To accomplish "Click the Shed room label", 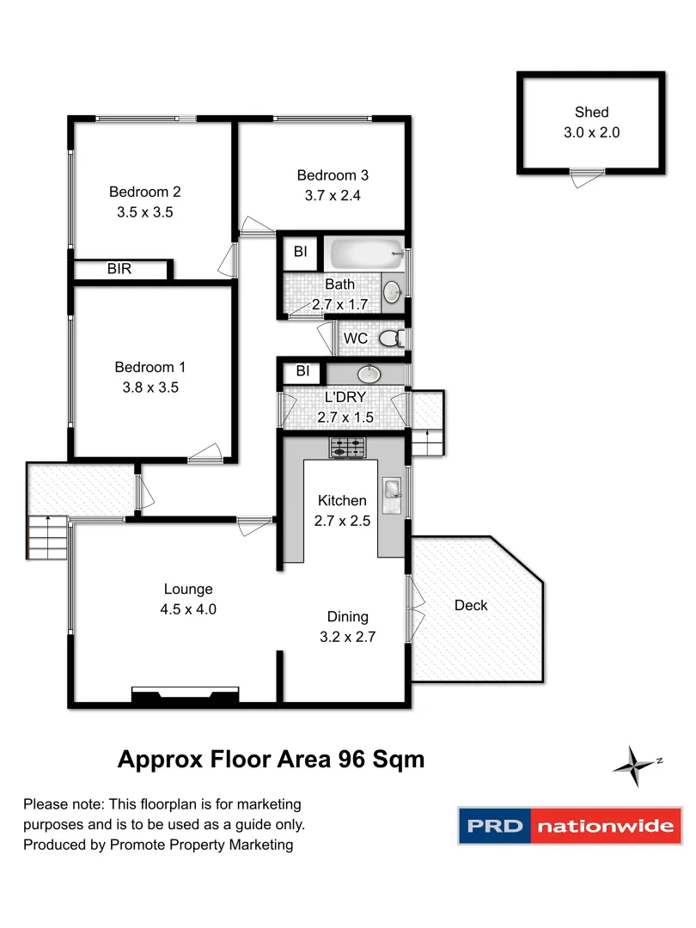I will click(592, 112).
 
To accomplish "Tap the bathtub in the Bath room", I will click(366, 254).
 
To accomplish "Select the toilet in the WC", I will click(392, 338).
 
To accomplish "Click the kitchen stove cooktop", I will click(347, 448).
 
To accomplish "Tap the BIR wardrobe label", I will click(119, 269).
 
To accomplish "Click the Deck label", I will click(471, 605).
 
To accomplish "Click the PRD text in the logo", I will click(494, 827).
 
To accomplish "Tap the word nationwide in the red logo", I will click(605, 827).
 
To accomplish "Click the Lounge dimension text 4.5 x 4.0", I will click(188, 609).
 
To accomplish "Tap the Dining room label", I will click(347, 616).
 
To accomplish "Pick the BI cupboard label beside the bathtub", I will click(300, 252).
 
